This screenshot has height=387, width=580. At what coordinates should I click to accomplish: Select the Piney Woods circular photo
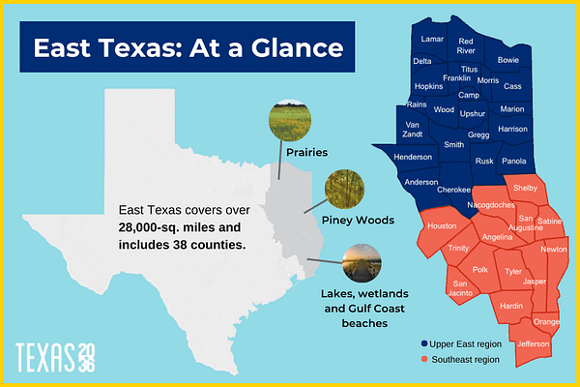[x=343, y=188]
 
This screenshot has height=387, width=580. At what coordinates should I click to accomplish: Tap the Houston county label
[x=442, y=225]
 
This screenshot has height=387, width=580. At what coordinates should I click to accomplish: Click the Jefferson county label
[x=534, y=343]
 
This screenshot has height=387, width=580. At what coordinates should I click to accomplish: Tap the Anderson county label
[x=420, y=182]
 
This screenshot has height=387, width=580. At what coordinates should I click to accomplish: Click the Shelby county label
[x=525, y=187]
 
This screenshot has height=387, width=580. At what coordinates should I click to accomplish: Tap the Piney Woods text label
[x=360, y=221]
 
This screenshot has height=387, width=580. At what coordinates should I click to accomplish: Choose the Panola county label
[x=515, y=161]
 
